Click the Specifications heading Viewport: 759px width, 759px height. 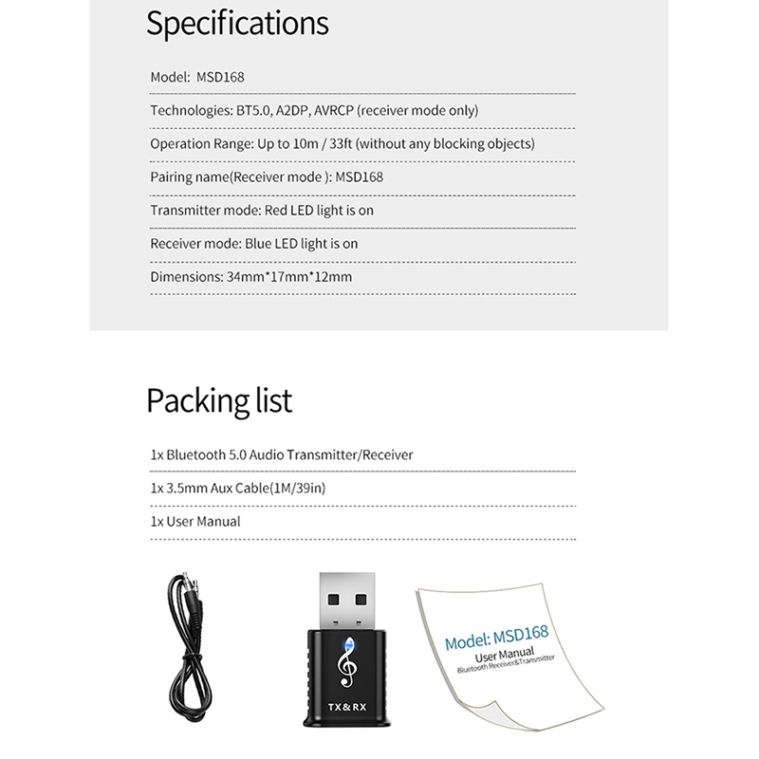coord(237,23)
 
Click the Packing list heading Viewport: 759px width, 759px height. coord(219,400)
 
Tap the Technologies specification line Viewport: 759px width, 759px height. coord(314,110)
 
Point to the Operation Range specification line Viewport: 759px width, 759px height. coord(342,144)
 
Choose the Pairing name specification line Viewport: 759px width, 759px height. coord(267,177)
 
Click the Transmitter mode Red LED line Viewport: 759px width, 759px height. coord(262,211)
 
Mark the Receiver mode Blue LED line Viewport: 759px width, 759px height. coord(254,244)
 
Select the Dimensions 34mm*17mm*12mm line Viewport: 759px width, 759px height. coord(251,277)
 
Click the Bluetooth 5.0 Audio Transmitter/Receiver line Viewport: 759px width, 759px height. coord(282,454)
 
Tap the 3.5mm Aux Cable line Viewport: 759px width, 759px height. coord(245,488)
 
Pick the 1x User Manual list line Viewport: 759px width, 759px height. coord(195,521)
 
